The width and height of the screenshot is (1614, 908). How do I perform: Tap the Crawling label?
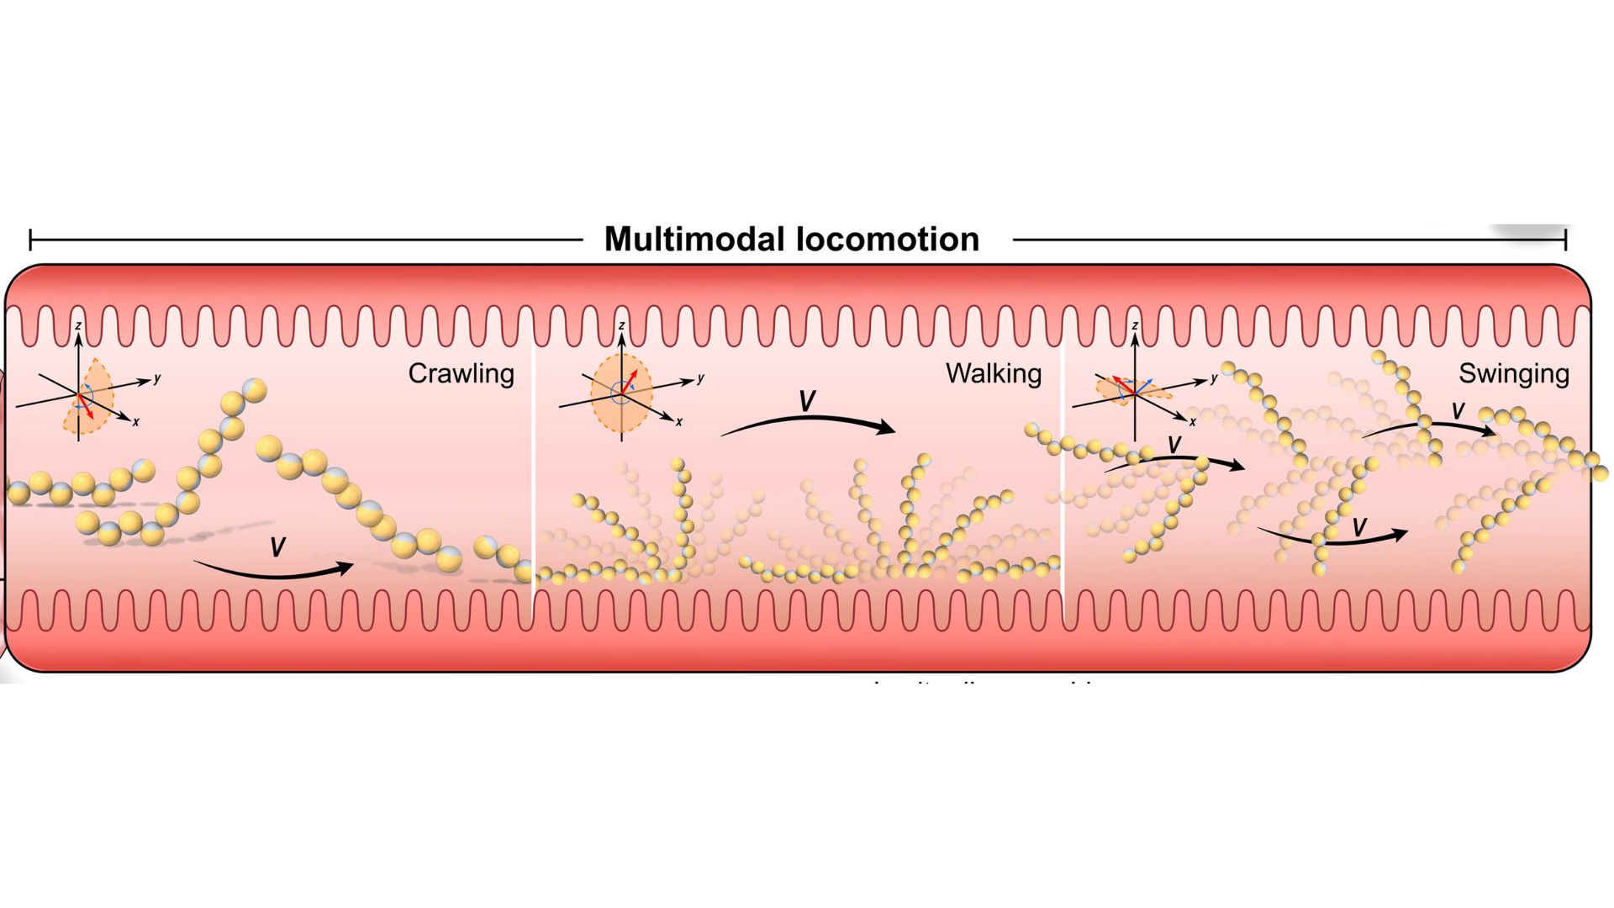click(x=461, y=373)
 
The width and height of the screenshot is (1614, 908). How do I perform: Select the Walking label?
click(x=993, y=373)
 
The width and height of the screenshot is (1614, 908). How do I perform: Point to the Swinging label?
click(x=1513, y=373)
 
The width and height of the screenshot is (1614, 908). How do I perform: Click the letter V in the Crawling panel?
click(x=277, y=548)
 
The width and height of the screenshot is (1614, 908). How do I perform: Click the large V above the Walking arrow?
click(x=807, y=402)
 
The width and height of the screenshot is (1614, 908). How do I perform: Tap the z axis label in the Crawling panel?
click(x=78, y=325)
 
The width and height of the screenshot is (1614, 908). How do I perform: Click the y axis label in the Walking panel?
click(x=700, y=378)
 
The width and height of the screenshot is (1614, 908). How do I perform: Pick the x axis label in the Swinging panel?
click(x=1192, y=422)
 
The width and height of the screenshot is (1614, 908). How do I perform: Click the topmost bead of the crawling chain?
click(x=254, y=390)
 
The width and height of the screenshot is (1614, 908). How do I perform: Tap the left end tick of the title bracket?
click(x=30, y=240)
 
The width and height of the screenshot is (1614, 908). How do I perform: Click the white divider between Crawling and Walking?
click(x=534, y=471)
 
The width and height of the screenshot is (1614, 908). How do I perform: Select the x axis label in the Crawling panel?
click(x=136, y=422)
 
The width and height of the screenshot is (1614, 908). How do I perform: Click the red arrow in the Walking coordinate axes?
click(x=629, y=383)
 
